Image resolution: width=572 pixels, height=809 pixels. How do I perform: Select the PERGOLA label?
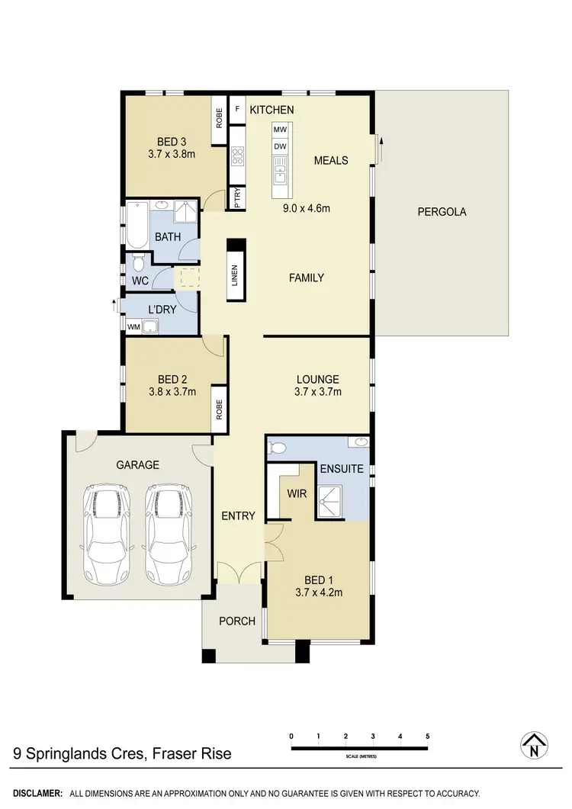point(442,212)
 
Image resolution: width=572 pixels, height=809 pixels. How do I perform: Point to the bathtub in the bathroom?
point(137,225)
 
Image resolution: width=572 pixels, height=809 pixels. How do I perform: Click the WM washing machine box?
point(134,327)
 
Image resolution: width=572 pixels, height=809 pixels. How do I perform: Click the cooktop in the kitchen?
point(237,156)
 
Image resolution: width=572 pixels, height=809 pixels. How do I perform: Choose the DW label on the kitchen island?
point(280,146)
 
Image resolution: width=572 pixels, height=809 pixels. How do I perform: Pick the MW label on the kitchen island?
point(280,130)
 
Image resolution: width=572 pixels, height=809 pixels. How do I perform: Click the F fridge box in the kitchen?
point(237,110)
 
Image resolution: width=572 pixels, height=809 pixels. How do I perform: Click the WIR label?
point(296,494)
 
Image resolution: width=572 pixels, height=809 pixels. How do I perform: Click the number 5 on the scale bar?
point(428,736)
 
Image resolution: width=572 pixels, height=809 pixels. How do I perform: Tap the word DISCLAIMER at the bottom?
point(37,794)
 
